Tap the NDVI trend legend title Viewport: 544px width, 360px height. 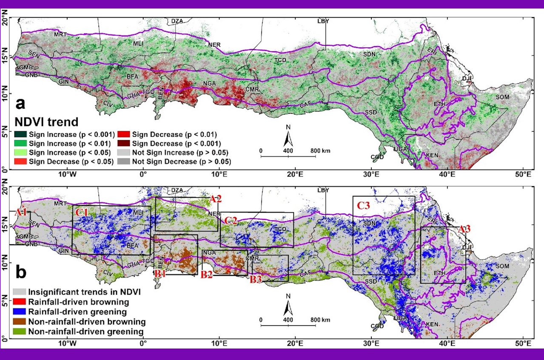[x=46, y=122]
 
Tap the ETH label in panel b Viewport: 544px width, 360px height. [x=439, y=273]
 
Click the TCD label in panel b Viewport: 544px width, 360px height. [x=279, y=229]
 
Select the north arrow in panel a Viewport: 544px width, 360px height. [x=288, y=136]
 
